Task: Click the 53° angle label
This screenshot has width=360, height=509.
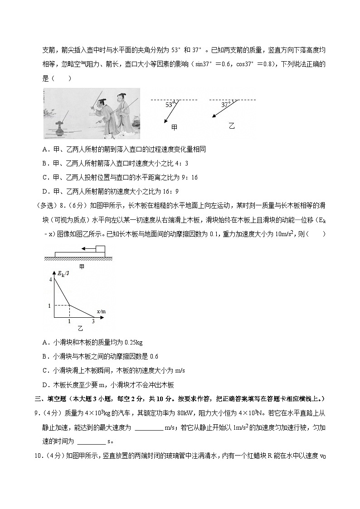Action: coord(170,104)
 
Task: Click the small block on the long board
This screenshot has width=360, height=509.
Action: coord(100,249)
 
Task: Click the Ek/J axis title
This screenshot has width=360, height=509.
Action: coord(63,273)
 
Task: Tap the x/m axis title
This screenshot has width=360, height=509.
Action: coord(101,311)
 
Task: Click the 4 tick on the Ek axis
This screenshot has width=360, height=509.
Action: coord(51,280)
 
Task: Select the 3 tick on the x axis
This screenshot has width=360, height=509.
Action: coord(93,321)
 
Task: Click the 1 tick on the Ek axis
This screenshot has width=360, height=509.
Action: coord(49,306)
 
